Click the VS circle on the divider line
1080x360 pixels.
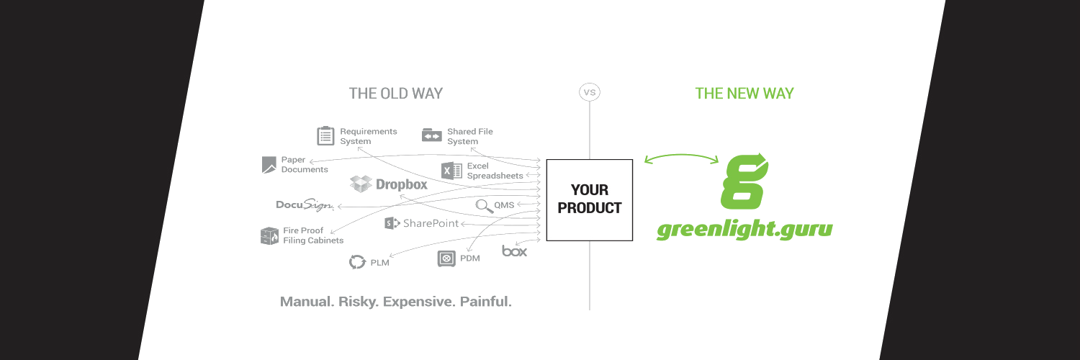[590, 93]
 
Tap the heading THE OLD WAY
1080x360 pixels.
[395, 94]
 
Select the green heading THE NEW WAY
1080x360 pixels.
[744, 94]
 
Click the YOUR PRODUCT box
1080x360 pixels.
[589, 199]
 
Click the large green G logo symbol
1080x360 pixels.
[744, 181]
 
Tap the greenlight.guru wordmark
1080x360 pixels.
[744, 230]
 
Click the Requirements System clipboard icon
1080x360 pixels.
[325, 135]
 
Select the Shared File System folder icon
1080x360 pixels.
[431, 135]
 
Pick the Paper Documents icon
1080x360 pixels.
[269, 165]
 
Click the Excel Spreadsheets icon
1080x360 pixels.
[451, 171]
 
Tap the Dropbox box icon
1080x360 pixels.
[361, 184]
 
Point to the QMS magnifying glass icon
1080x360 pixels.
[483, 205]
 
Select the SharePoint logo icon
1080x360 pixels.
[392, 223]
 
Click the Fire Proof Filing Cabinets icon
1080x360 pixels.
[269, 235]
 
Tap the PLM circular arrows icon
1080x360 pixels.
[357, 262]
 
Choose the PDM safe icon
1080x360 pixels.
[446, 258]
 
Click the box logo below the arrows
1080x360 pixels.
[514, 251]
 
